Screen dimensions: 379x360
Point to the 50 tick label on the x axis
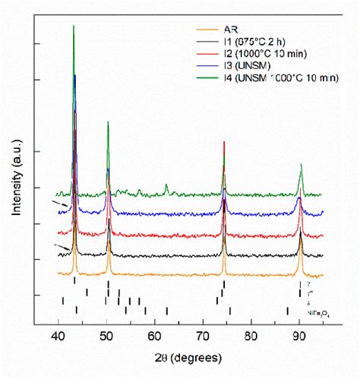click(x=107, y=336)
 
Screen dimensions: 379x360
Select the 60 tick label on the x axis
click(x=155, y=336)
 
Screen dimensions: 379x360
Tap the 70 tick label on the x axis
click(x=203, y=336)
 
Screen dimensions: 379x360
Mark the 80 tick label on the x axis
click(x=251, y=336)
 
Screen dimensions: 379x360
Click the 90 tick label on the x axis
click(x=299, y=336)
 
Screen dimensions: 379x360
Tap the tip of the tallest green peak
click(x=74, y=26)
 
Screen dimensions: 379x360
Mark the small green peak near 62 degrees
click(x=166, y=185)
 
